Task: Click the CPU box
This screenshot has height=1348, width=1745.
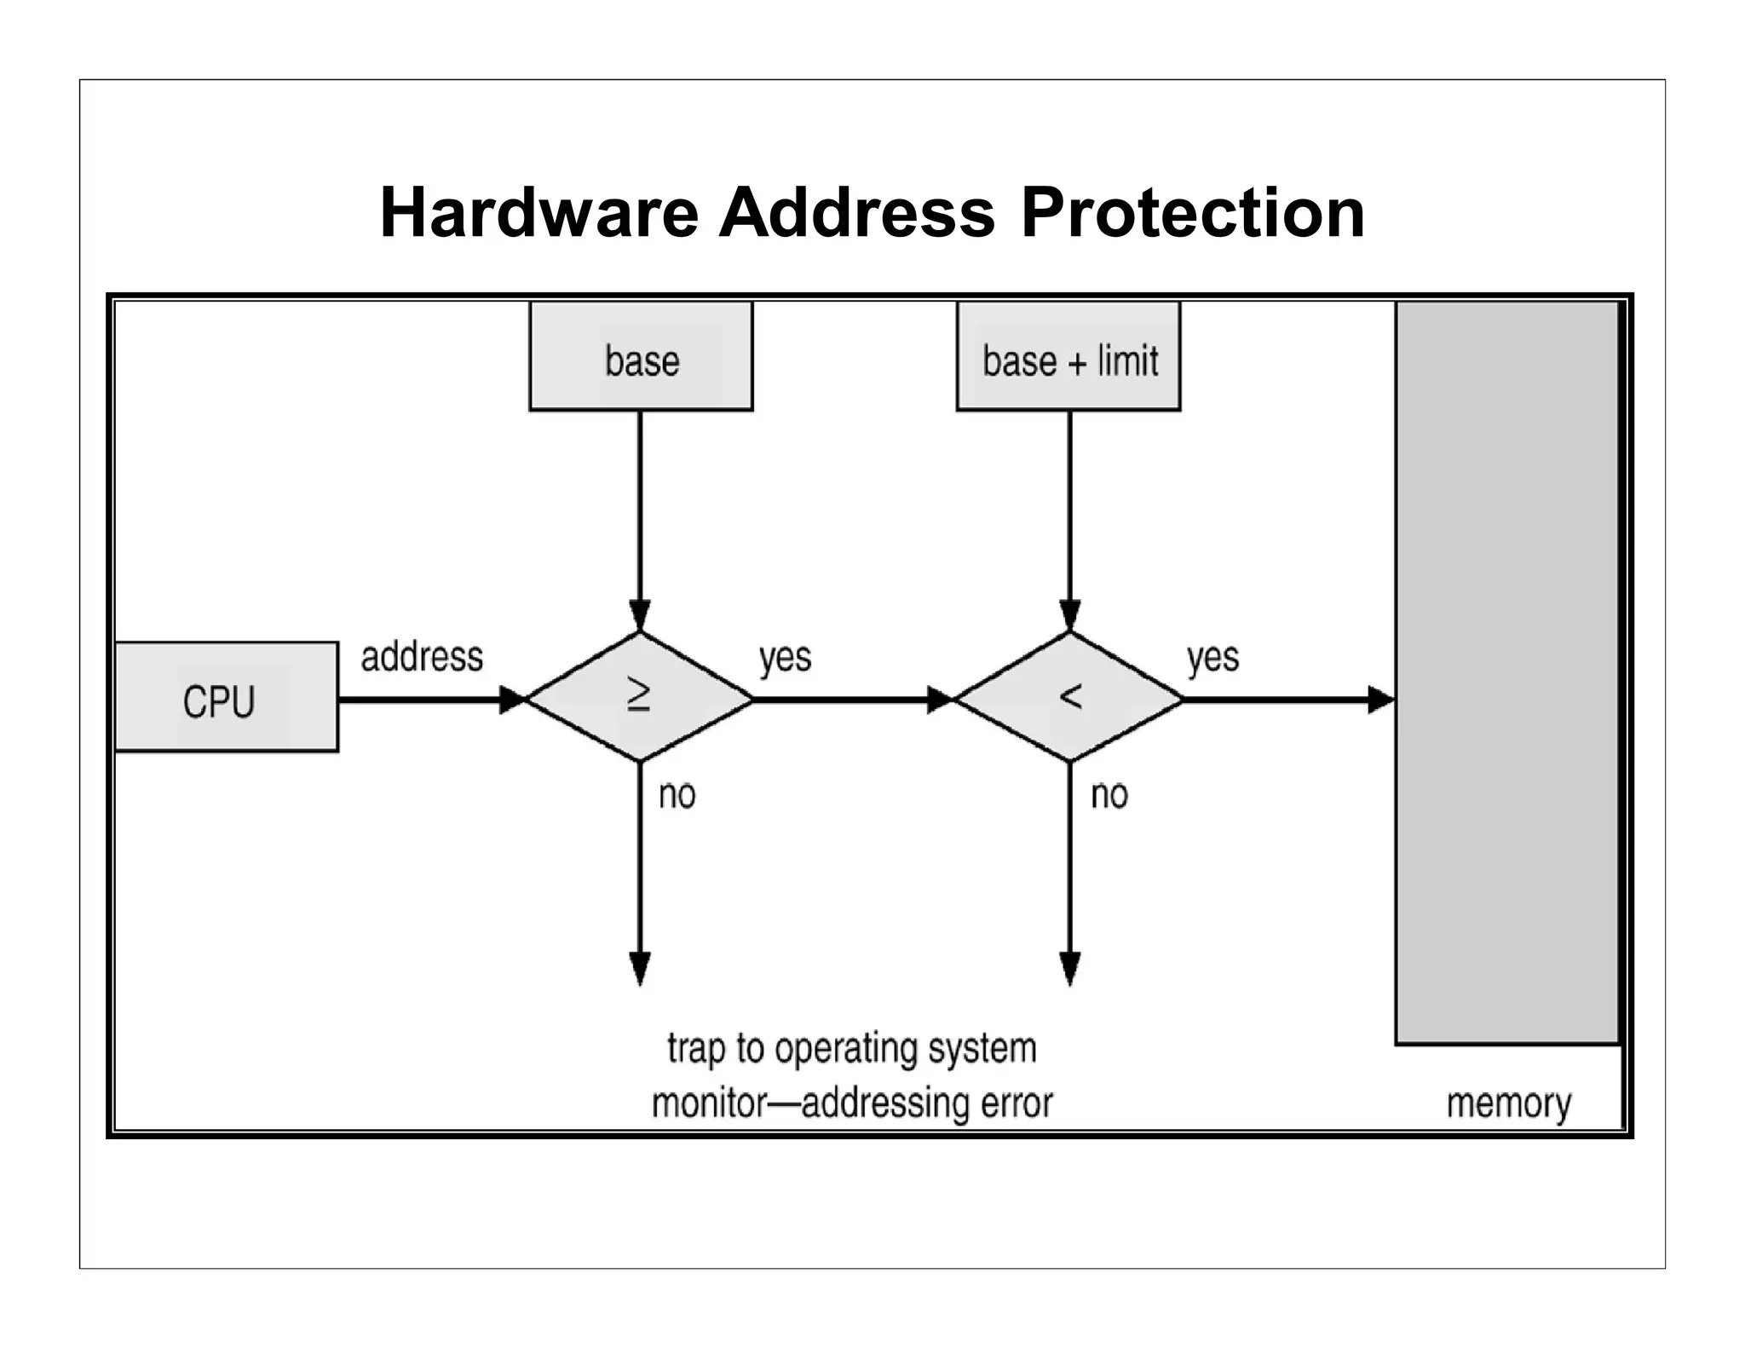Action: (x=226, y=697)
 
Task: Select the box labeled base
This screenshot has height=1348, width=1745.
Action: (x=641, y=356)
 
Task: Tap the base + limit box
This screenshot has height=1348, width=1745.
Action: (x=1068, y=356)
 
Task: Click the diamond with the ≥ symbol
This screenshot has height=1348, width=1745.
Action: (x=640, y=697)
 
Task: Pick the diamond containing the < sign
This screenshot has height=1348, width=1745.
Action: (x=1070, y=697)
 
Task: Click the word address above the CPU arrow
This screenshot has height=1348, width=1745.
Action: (x=422, y=657)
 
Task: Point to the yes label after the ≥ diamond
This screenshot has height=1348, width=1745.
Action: (x=785, y=658)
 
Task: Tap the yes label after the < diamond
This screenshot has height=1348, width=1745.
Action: (x=1213, y=658)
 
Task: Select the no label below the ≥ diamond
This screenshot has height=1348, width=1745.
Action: (x=677, y=795)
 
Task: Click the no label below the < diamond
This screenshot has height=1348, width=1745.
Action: (x=1109, y=795)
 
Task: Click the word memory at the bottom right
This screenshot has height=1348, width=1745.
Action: (x=1509, y=1103)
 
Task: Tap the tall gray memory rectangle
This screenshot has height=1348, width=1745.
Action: (x=1506, y=673)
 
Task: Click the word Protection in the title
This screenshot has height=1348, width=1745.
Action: (x=1193, y=213)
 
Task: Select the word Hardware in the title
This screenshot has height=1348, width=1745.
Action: (x=538, y=213)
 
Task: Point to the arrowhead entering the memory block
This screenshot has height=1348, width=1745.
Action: (x=1380, y=700)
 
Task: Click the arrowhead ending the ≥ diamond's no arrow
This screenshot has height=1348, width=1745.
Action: (x=640, y=968)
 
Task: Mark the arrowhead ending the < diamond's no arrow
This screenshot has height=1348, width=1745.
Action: (x=1070, y=968)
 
